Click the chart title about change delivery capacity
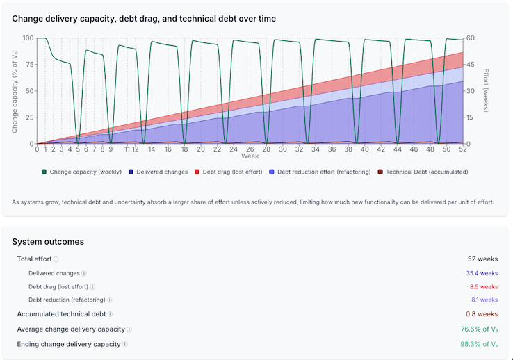[144, 19]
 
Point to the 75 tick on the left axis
[28, 65]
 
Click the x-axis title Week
[250, 156]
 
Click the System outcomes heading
[48, 242]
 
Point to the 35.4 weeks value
[481, 273]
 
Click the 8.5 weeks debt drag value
[483, 286]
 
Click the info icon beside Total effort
[56, 259]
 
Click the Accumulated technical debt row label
[61, 314]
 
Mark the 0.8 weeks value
[483, 314]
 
